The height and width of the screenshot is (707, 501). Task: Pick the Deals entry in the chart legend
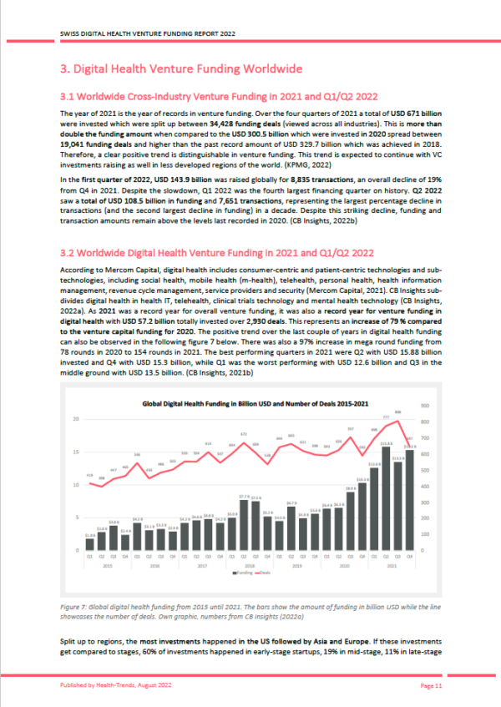tap(263, 572)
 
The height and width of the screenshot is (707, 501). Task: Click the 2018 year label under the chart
tap(249, 565)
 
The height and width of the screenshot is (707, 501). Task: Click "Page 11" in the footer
tap(430, 684)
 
